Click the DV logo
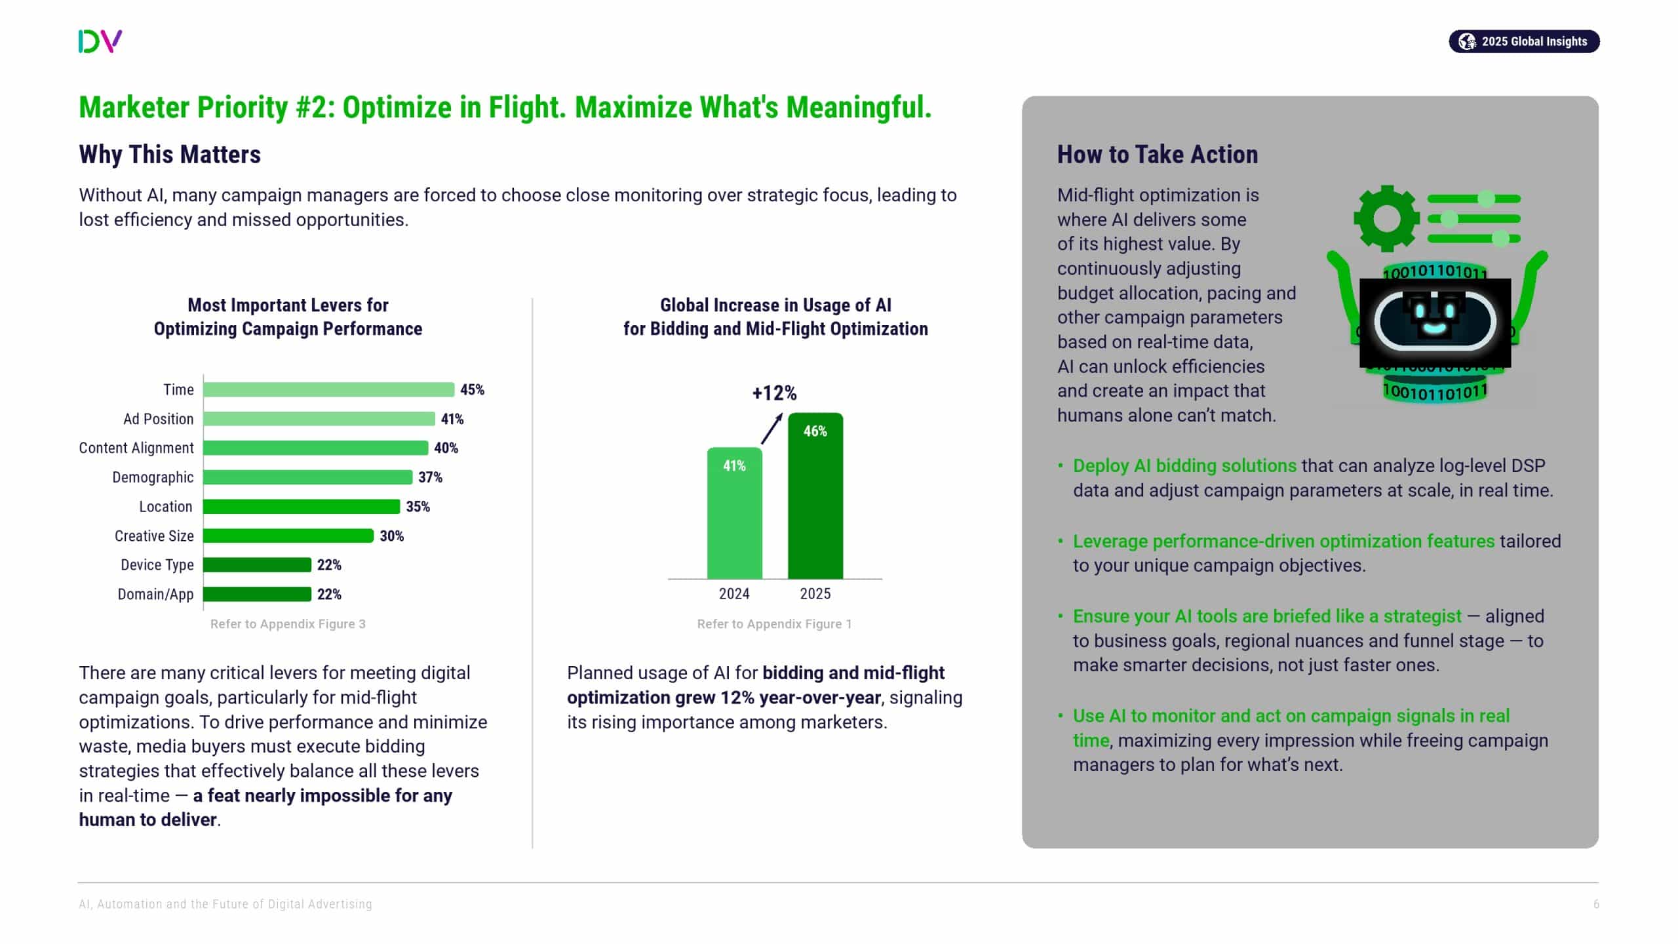coord(100,41)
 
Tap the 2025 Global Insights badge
coord(1523,41)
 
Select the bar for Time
coord(328,389)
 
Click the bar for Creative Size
coord(288,536)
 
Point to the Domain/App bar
coord(257,594)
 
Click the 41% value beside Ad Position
coord(452,419)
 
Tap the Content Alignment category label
coord(136,448)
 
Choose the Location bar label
coord(166,507)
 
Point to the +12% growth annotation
coord(774,393)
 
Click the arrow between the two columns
coord(771,429)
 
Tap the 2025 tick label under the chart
coord(815,594)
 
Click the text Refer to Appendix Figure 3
coord(288,624)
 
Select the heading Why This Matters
coord(170,155)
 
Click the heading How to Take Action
coord(1158,155)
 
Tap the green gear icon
coord(1386,218)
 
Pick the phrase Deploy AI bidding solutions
coord(1184,466)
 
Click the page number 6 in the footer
coord(1596,904)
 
